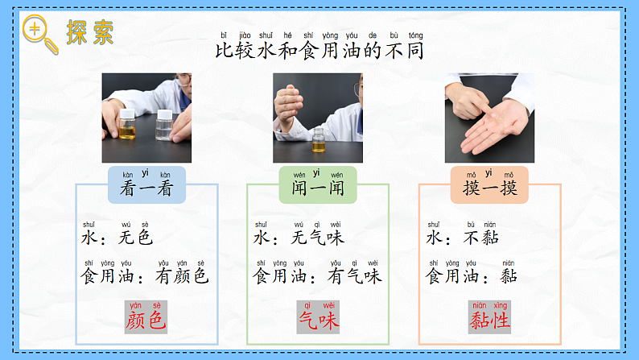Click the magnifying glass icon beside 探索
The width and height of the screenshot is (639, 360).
[39, 32]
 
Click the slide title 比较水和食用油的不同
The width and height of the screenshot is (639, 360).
[319, 51]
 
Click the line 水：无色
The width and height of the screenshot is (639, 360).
[117, 238]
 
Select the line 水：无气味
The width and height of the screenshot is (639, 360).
[299, 238]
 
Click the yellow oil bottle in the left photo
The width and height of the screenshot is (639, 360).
[127, 126]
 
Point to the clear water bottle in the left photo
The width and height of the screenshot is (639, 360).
[164, 125]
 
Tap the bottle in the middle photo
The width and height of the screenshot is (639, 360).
[318, 139]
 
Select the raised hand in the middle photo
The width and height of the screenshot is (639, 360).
[291, 106]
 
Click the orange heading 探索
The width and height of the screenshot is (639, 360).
[89, 32]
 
